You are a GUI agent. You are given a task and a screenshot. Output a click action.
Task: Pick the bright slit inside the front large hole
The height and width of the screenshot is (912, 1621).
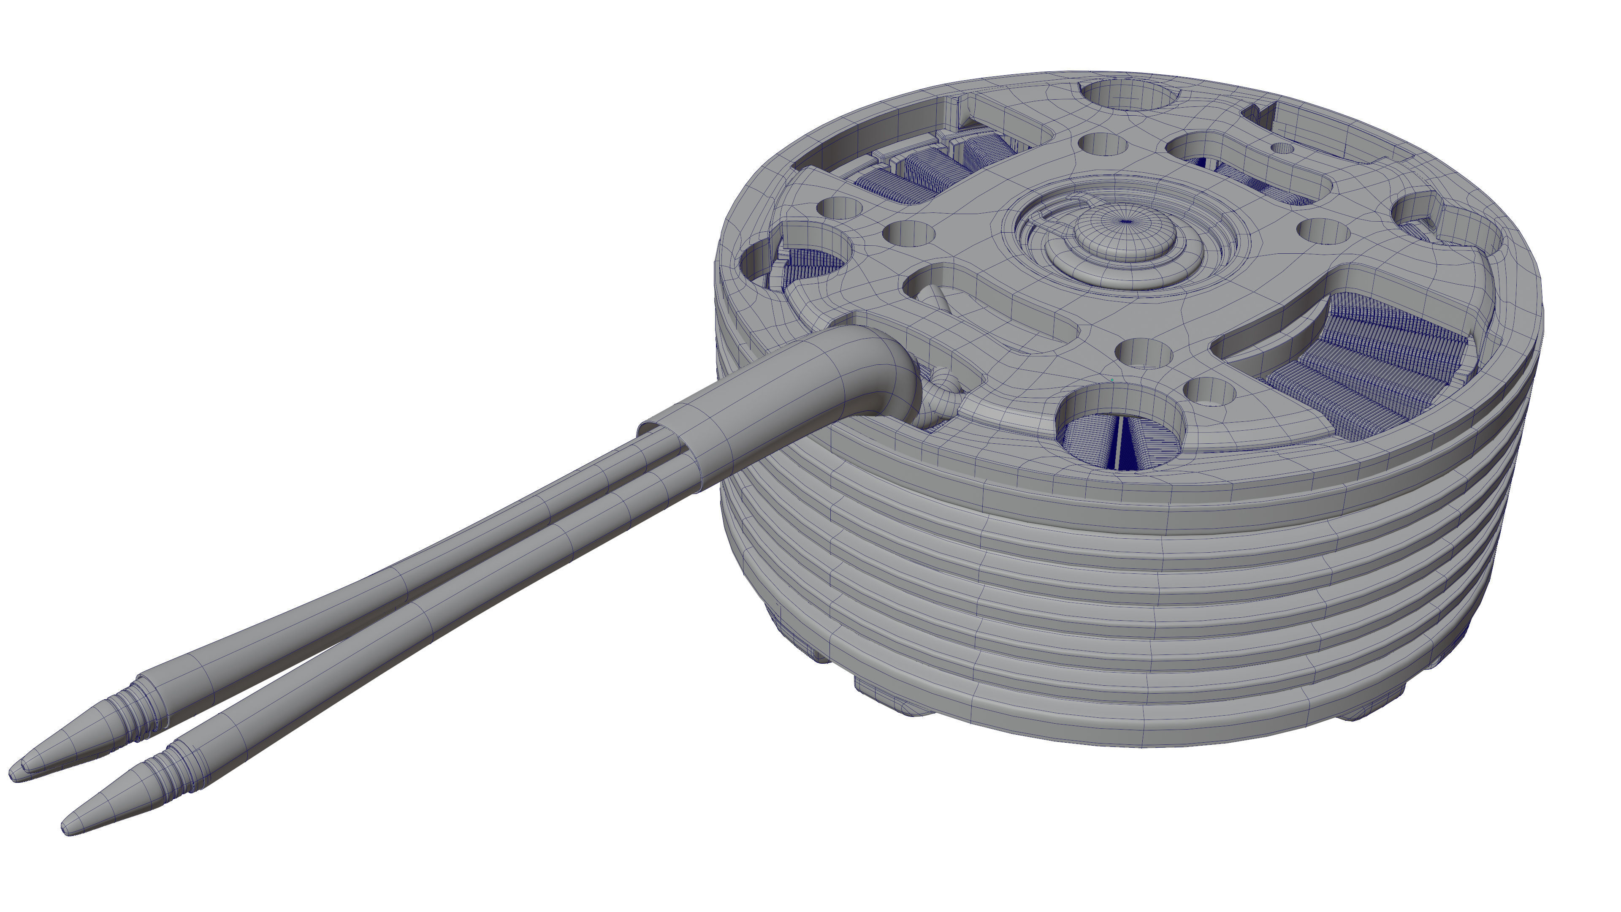(1118, 444)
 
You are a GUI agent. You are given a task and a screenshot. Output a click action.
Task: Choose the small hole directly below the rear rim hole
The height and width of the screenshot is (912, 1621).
(1101, 144)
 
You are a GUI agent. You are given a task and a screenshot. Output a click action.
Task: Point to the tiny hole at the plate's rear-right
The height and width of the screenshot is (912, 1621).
(1282, 149)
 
